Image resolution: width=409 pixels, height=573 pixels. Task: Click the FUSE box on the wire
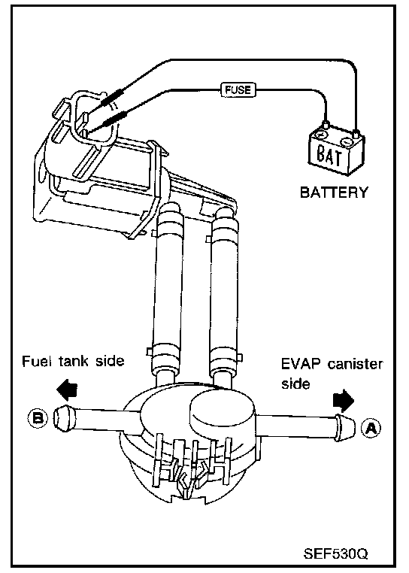(238, 89)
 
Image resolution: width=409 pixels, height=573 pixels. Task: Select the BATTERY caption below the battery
(334, 193)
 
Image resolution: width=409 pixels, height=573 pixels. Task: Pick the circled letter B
(38, 417)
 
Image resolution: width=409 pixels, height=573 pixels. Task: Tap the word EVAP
(301, 365)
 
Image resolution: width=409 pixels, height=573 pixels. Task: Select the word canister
(355, 365)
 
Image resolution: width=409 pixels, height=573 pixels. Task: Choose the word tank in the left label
(74, 361)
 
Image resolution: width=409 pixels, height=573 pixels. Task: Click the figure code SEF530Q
(335, 553)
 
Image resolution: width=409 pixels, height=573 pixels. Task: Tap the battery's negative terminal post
(356, 132)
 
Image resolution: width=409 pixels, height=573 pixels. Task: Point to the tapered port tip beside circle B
(64, 417)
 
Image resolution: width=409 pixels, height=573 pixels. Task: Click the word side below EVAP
(295, 384)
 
